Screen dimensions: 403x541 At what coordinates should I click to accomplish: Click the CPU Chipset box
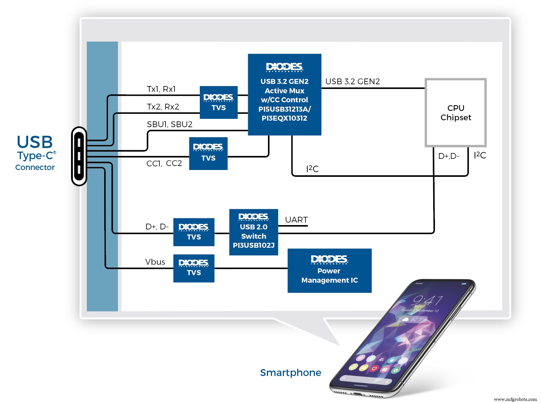pos(456,113)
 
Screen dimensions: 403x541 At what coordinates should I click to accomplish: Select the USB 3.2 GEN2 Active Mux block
pos(285,95)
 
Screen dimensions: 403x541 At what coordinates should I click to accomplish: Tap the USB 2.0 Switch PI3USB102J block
pos(254,232)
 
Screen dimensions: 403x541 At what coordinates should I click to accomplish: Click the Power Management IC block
pos(329,271)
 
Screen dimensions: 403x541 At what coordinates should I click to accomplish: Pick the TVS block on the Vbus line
pos(194,268)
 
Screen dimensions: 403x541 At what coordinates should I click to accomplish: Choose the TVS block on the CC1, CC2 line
pos(208,153)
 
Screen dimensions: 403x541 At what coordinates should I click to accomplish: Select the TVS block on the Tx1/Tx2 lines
pos(219,102)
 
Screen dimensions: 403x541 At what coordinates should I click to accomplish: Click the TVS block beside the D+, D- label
pos(194,232)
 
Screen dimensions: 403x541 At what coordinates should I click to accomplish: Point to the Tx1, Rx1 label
pos(161,89)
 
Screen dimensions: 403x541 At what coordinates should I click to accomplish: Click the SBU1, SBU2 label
pos(170,124)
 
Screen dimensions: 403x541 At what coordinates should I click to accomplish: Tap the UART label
pos(296,220)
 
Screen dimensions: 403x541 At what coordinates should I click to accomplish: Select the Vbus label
pos(155,262)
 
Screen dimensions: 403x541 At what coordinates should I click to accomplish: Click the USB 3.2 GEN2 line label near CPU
pos(352,81)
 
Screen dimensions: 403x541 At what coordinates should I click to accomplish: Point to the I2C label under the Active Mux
pos(312,169)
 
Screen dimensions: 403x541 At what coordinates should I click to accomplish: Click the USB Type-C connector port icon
pos(79,156)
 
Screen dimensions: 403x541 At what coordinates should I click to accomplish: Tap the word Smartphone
pos(290,372)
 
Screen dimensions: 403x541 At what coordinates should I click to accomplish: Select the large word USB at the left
pos(35,142)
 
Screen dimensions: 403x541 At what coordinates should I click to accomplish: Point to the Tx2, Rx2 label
pos(163,107)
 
